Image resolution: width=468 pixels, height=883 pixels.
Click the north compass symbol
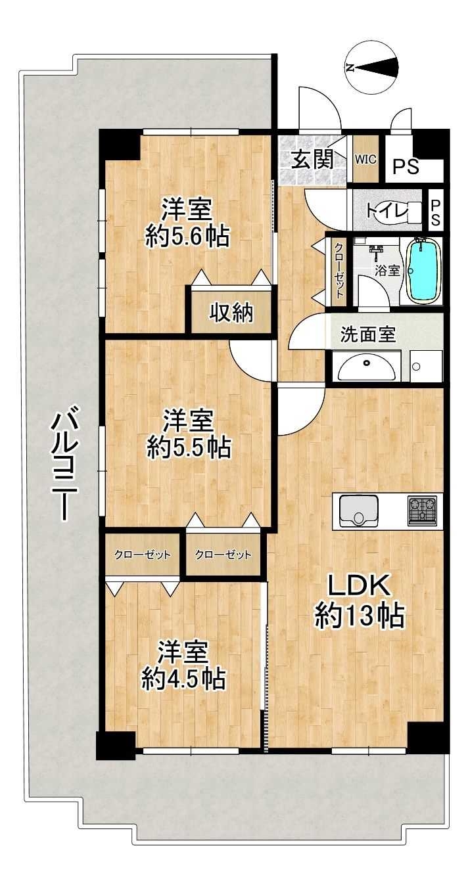[372, 68]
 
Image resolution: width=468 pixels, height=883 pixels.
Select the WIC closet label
[365, 160]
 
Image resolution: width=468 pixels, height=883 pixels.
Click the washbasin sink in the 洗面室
[367, 366]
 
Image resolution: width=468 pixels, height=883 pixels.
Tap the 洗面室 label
[367, 335]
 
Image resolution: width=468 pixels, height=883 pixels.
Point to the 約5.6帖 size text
[187, 237]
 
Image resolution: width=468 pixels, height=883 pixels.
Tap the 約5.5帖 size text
[189, 449]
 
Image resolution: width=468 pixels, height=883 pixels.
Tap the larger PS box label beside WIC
[406, 167]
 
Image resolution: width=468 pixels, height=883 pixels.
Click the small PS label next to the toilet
[435, 213]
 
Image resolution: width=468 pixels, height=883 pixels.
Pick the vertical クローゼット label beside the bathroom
[339, 271]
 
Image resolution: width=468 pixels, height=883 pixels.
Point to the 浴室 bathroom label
[388, 271]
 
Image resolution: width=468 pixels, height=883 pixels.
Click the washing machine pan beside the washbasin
[426, 366]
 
